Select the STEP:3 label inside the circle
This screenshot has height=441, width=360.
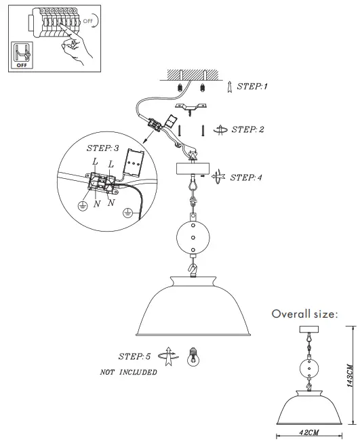103,148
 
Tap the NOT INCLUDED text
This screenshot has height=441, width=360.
128,372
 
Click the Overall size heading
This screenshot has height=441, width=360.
304,314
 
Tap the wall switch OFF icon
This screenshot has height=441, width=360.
20,55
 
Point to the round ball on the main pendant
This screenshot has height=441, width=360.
193,237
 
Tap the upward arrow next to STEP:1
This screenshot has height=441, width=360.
231,86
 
